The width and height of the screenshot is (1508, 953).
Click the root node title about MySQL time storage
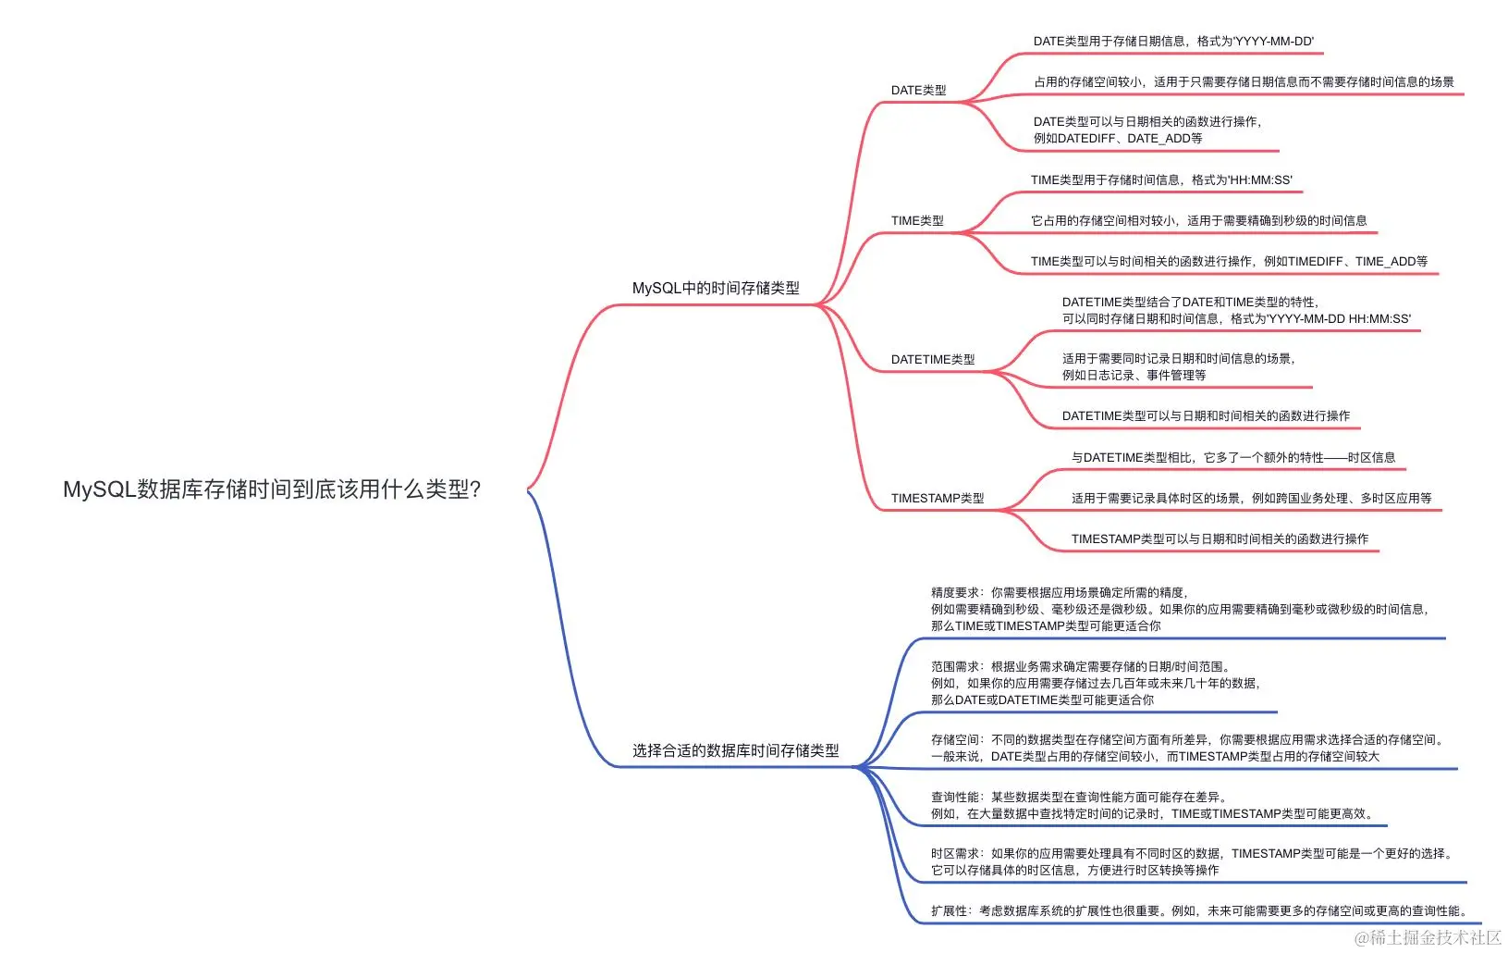pyautogui.click(x=272, y=489)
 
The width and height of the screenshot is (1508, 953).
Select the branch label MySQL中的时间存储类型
pyautogui.click(x=716, y=289)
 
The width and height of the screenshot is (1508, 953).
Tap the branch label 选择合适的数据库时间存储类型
pyautogui.click(x=735, y=751)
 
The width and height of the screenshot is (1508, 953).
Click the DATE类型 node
pyautogui.click(x=918, y=91)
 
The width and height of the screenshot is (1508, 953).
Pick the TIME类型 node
pyautogui.click(x=917, y=221)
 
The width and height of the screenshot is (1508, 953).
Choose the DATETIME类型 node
pyautogui.click(x=932, y=360)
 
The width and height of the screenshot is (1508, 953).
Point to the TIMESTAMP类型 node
pyautogui.click(x=937, y=499)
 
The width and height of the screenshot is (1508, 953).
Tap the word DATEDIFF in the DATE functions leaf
pyautogui.click(x=1086, y=139)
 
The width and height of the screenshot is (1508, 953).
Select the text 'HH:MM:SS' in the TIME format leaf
pyautogui.click(x=1260, y=180)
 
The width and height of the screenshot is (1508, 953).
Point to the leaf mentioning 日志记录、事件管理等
pyautogui.click(x=1134, y=376)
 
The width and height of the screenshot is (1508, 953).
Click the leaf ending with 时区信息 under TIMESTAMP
pyautogui.click(x=1232, y=458)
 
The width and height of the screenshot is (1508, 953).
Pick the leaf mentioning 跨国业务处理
pyautogui.click(x=1251, y=499)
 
